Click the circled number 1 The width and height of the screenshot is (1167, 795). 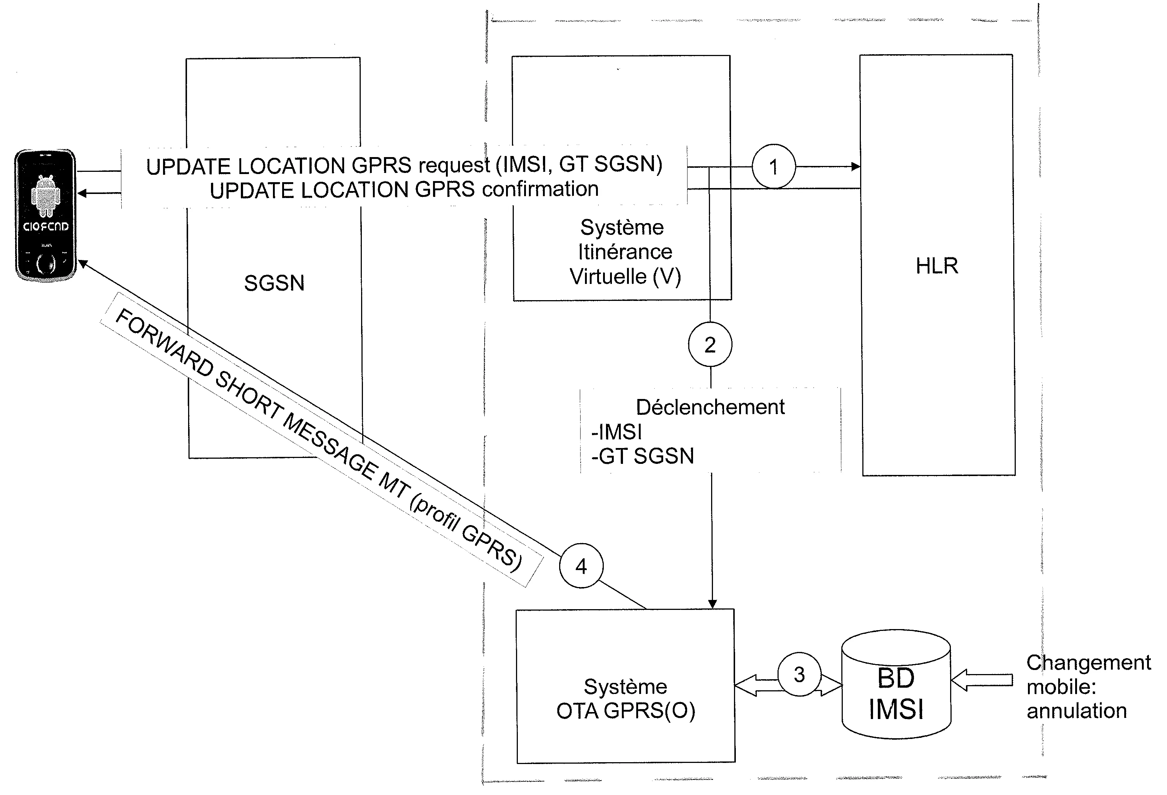click(x=773, y=167)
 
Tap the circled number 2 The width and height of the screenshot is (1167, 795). click(x=710, y=345)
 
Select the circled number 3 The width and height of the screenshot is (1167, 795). click(x=799, y=674)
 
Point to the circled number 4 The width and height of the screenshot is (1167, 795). click(x=581, y=566)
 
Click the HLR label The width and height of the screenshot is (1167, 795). click(x=936, y=266)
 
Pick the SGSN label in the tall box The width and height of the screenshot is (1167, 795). click(x=274, y=283)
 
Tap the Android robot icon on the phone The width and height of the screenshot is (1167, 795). click(x=45, y=196)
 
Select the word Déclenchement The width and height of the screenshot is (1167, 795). click(x=710, y=407)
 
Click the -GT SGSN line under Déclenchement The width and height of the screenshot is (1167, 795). click(x=643, y=456)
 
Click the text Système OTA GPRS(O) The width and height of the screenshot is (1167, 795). click(x=626, y=699)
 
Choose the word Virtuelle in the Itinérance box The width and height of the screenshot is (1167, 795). click(x=609, y=276)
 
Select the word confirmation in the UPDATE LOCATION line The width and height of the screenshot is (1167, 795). click(x=540, y=189)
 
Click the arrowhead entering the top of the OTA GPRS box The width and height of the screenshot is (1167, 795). click(x=712, y=604)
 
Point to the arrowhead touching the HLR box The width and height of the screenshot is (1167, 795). click(x=855, y=167)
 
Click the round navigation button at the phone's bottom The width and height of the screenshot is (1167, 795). click(x=46, y=264)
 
